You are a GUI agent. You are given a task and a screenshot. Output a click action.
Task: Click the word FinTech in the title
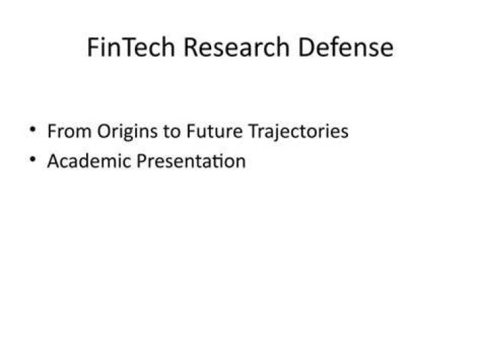[131, 47]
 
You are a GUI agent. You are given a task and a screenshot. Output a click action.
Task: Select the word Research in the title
[236, 47]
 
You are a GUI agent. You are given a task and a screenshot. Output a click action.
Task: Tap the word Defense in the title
[346, 47]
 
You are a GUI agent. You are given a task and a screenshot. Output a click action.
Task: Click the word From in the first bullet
[69, 132]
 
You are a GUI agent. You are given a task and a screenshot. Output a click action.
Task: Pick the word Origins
[128, 132]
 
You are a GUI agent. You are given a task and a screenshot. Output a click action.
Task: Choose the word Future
[214, 132]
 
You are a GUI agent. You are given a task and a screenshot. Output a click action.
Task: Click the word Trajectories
[298, 132]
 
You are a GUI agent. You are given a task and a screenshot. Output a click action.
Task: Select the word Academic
[89, 161]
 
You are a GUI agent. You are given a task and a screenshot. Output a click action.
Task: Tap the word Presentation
[191, 161]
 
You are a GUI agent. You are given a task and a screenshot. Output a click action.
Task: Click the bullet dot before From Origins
[33, 130]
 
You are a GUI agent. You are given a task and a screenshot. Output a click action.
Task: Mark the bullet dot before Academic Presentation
[33, 159]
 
